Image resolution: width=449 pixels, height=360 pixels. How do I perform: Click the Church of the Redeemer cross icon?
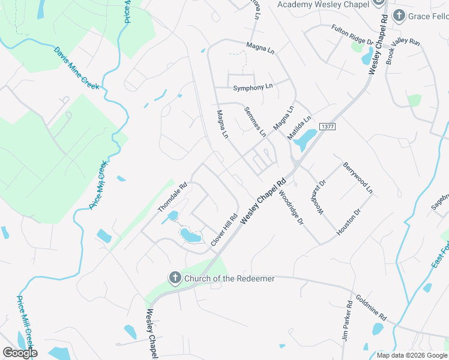click(175, 278)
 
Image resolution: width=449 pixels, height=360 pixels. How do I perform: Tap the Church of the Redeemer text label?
click(229, 278)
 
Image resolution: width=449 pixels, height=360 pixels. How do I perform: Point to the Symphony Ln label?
click(253, 87)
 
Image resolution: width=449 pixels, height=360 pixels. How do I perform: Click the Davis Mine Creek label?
click(76, 68)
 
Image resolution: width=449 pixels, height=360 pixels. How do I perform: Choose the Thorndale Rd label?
click(173, 197)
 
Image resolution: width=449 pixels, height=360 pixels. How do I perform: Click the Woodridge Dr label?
click(292, 208)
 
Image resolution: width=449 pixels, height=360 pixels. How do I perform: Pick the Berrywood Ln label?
click(358, 178)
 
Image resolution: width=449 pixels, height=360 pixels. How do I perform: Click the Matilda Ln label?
click(299, 128)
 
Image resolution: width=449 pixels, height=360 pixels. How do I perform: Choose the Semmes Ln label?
click(255, 121)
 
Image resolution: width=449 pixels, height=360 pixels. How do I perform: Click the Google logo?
click(20, 353)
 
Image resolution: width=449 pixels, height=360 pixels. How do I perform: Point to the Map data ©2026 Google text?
click(411, 355)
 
